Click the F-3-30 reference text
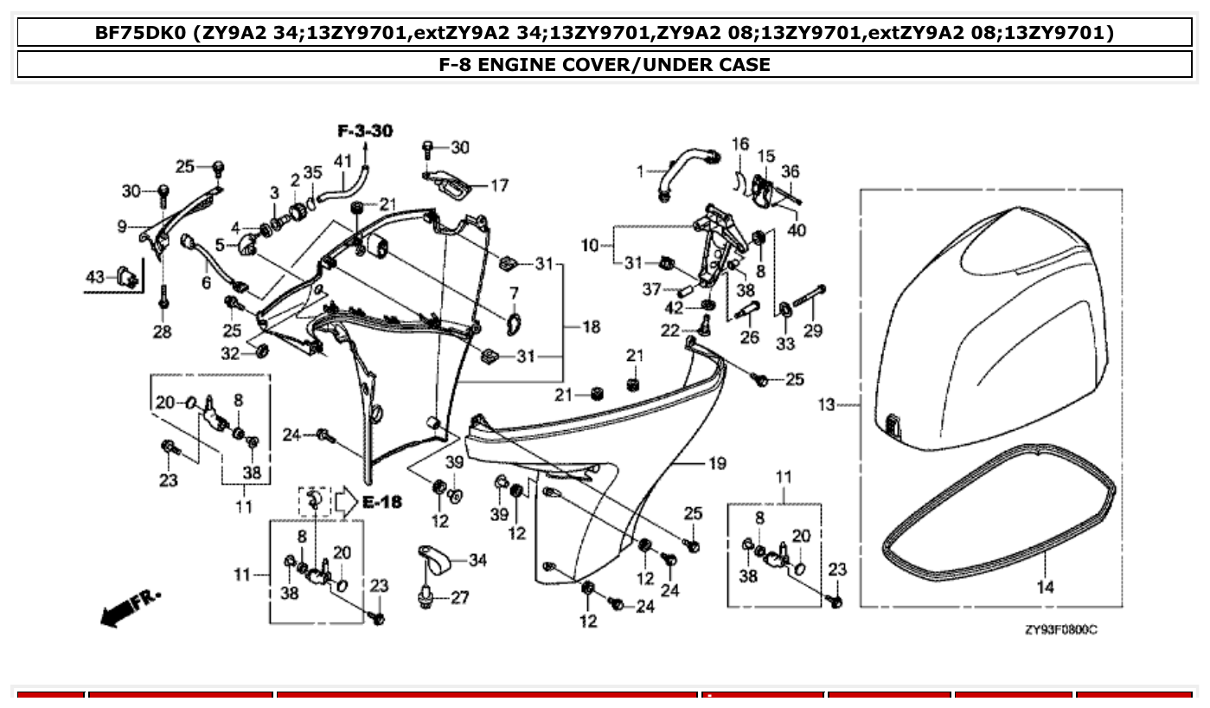tap(364, 131)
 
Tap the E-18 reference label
tap(381, 502)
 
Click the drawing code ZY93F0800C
tap(1060, 629)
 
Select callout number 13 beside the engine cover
tap(827, 404)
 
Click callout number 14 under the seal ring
tap(1045, 587)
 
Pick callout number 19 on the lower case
tap(717, 464)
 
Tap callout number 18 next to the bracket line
tap(591, 327)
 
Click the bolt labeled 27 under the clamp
tap(426, 596)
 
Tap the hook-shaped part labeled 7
tap(515, 322)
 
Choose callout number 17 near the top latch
tap(499, 185)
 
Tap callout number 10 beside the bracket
tap(589, 246)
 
